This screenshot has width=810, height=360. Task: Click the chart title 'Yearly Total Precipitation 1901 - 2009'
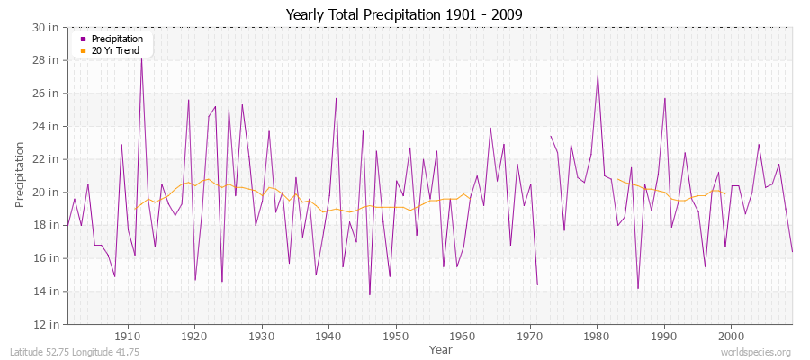(404, 14)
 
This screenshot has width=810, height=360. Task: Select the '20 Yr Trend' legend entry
(109, 50)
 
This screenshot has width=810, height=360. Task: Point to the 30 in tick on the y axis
(48, 27)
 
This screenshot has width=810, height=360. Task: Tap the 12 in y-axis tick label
(48, 324)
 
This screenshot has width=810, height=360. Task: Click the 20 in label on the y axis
(48, 192)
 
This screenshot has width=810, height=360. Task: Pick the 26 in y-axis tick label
(48, 93)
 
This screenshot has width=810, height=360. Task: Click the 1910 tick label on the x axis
(128, 336)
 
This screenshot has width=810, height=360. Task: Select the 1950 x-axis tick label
(396, 336)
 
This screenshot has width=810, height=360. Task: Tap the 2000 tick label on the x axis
(731, 336)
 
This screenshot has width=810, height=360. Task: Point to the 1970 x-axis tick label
(530, 336)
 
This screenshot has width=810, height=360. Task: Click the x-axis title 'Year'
(441, 348)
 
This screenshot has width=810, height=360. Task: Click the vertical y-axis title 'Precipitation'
(20, 175)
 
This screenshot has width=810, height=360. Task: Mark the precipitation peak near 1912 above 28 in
(141, 57)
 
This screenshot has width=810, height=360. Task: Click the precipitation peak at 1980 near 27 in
(598, 75)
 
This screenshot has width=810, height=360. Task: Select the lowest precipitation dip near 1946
(369, 294)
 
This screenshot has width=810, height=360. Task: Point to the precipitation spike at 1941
(336, 98)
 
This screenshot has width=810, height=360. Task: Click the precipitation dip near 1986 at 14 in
(637, 289)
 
